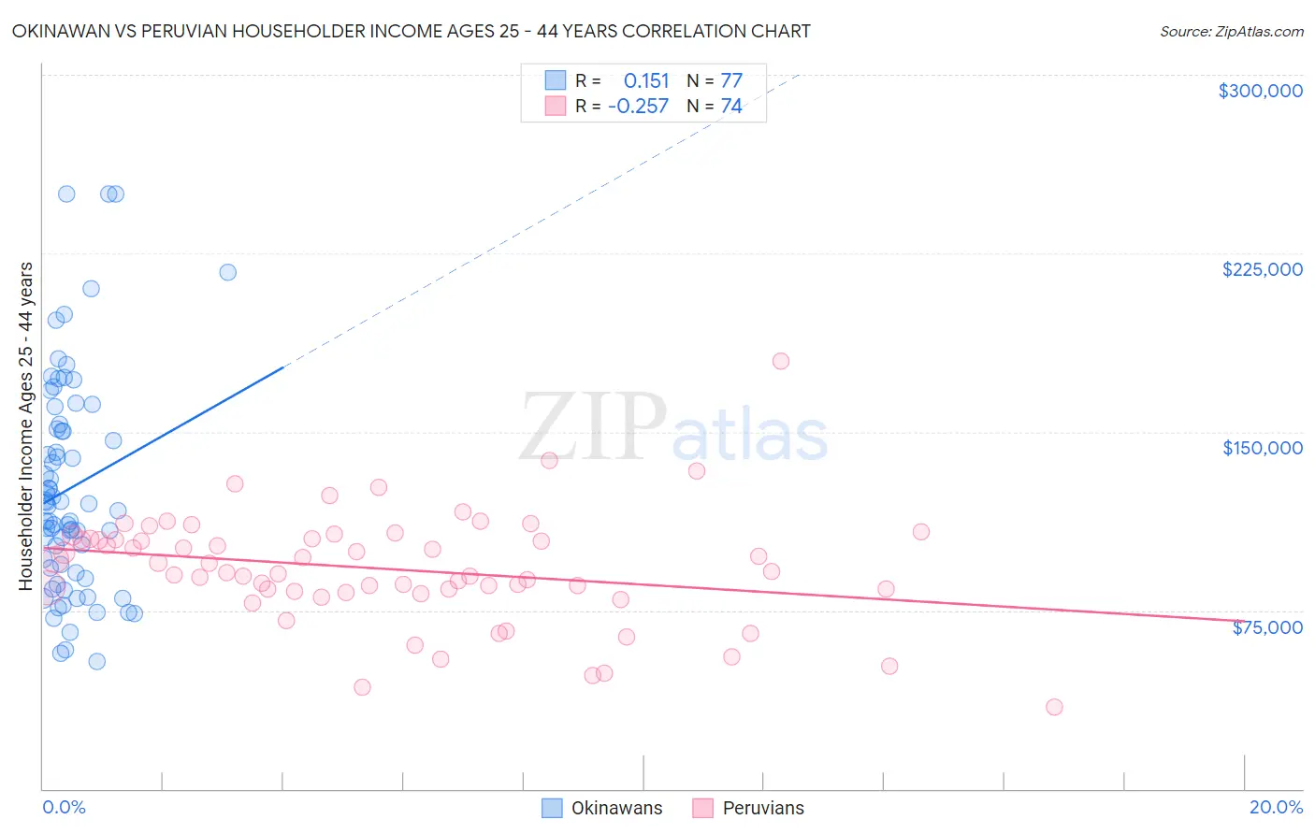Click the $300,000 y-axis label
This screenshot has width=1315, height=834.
(x=1260, y=91)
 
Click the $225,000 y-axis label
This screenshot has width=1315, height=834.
(x=1262, y=269)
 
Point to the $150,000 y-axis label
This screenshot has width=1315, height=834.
(x=1262, y=448)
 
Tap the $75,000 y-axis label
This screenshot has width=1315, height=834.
(x=1266, y=627)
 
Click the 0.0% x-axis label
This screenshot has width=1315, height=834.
(x=64, y=807)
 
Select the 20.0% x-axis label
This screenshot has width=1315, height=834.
(x=1276, y=807)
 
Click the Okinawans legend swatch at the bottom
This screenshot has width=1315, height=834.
(x=553, y=808)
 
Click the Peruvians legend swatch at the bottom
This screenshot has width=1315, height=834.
(x=703, y=808)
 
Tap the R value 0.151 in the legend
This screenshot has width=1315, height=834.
(x=646, y=80)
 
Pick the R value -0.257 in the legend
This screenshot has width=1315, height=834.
(x=638, y=106)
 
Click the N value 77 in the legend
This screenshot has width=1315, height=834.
(x=731, y=80)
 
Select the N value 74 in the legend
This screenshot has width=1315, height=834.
(x=731, y=106)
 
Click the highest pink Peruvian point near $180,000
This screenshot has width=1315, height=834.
(x=781, y=361)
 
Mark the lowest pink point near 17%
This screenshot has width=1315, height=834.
(x=1054, y=707)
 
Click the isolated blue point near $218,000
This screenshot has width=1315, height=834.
(x=228, y=272)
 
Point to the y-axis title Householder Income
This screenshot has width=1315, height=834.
(x=25, y=425)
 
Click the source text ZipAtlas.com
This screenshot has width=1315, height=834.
(x=1231, y=31)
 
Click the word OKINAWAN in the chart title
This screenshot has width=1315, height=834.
(x=62, y=31)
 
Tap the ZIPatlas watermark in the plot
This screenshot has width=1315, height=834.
(x=673, y=429)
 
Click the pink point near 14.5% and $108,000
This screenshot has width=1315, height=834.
(x=921, y=532)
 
